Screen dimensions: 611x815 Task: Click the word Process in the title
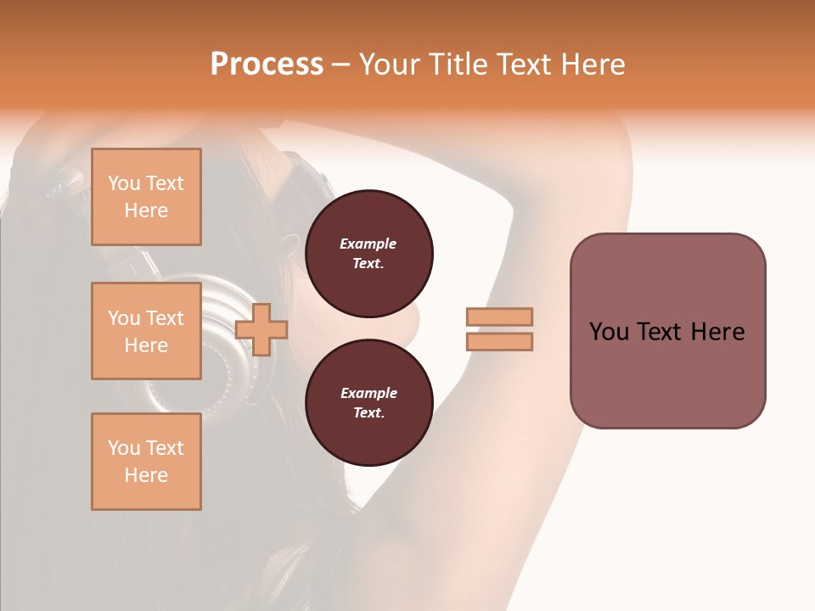pyautogui.click(x=267, y=64)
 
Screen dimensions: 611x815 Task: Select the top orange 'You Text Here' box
pyautogui.click(x=146, y=197)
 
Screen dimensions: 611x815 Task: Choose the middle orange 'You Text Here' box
pyautogui.click(x=146, y=331)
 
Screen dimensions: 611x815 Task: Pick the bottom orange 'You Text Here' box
pyautogui.click(x=146, y=462)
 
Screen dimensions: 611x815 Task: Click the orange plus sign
pyautogui.click(x=261, y=329)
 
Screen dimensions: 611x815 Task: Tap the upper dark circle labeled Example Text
pyautogui.click(x=369, y=254)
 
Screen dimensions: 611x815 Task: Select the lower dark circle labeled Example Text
pyautogui.click(x=369, y=403)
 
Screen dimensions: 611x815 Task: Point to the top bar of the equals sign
pyautogui.click(x=499, y=317)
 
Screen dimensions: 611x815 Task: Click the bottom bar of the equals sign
pyautogui.click(x=499, y=341)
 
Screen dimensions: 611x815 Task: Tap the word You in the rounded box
pyautogui.click(x=609, y=332)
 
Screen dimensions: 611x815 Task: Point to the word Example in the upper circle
pyautogui.click(x=368, y=244)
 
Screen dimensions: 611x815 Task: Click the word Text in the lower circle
pyautogui.click(x=368, y=412)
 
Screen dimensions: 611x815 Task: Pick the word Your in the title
pyautogui.click(x=391, y=64)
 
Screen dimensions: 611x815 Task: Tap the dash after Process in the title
pyautogui.click(x=341, y=64)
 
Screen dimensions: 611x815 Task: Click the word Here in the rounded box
pyautogui.click(x=717, y=332)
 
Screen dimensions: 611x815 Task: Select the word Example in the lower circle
pyautogui.click(x=368, y=393)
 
